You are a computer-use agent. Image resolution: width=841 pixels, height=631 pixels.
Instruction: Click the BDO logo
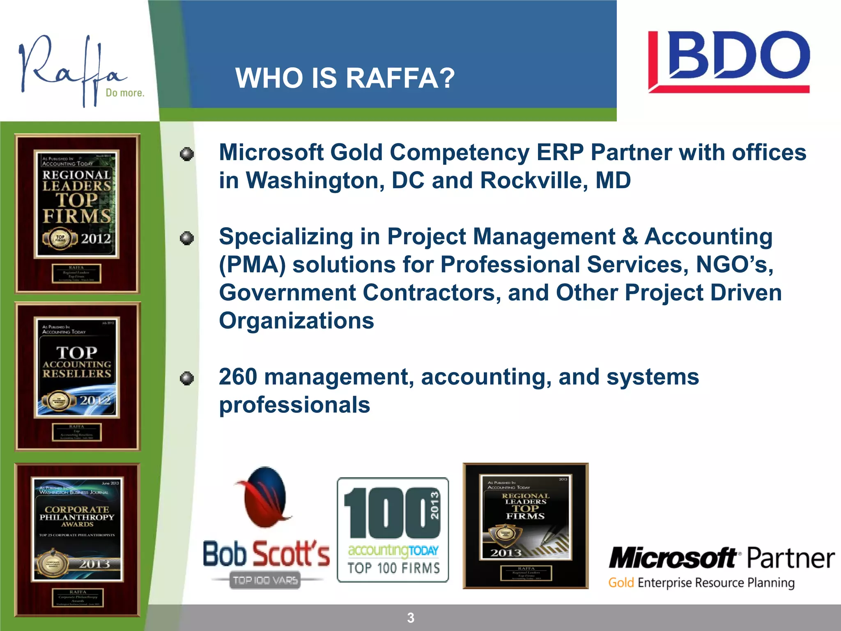(728, 62)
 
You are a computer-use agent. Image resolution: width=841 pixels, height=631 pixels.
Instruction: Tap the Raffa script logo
(72, 68)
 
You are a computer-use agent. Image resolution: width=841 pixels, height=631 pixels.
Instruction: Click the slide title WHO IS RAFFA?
(345, 78)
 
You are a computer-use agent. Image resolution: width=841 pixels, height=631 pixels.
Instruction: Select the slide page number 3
(411, 617)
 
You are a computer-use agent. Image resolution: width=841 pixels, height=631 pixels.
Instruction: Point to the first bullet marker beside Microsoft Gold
(187, 154)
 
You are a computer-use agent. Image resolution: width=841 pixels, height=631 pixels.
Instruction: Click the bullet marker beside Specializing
(187, 238)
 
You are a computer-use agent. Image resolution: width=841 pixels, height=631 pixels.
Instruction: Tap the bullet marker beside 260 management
(187, 378)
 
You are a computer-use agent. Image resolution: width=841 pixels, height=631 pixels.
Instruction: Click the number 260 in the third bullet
(238, 377)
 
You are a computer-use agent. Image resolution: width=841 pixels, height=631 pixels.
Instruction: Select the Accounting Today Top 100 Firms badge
(393, 530)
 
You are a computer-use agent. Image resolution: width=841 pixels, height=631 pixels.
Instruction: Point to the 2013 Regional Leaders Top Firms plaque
(526, 526)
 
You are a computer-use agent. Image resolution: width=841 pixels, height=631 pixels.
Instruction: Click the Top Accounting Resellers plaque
(78, 376)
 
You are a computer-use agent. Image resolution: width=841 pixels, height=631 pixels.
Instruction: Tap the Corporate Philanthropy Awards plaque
(78, 540)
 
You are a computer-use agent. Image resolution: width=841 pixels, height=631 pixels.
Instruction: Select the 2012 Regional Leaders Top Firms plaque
(78, 214)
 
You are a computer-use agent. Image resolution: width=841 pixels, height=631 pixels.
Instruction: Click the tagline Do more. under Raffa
(125, 93)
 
